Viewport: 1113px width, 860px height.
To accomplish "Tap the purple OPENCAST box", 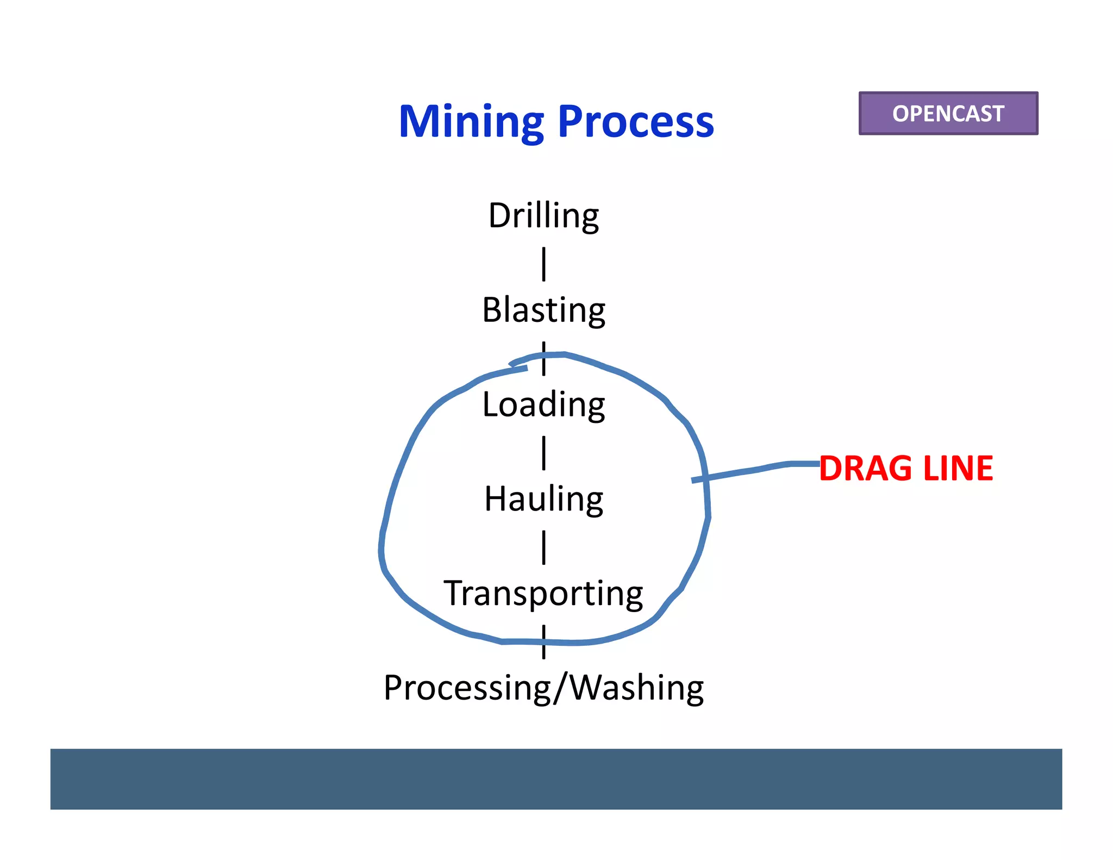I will click(x=948, y=113).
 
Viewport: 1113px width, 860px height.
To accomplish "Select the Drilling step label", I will click(x=543, y=215).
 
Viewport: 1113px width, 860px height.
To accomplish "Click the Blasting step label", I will click(x=543, y=310).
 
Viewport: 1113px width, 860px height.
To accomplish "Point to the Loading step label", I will click(x=543, y=404).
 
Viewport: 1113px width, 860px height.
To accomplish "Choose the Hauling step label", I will click(x=543, y=499).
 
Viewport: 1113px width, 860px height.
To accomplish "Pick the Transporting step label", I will click(x=543, y=593).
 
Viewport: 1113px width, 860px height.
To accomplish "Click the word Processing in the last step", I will click(x=467, y=688).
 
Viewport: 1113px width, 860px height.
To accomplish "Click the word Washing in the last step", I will click(x=636, y=688).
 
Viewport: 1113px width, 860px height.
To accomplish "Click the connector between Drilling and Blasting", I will click(x=543, y=264).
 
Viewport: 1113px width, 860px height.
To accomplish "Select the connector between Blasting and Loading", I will click(x=543, y=359).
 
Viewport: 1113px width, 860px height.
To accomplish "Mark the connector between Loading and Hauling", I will click(x=543, y=452).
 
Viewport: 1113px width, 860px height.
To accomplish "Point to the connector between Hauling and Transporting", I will click(x=543, y=547).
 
